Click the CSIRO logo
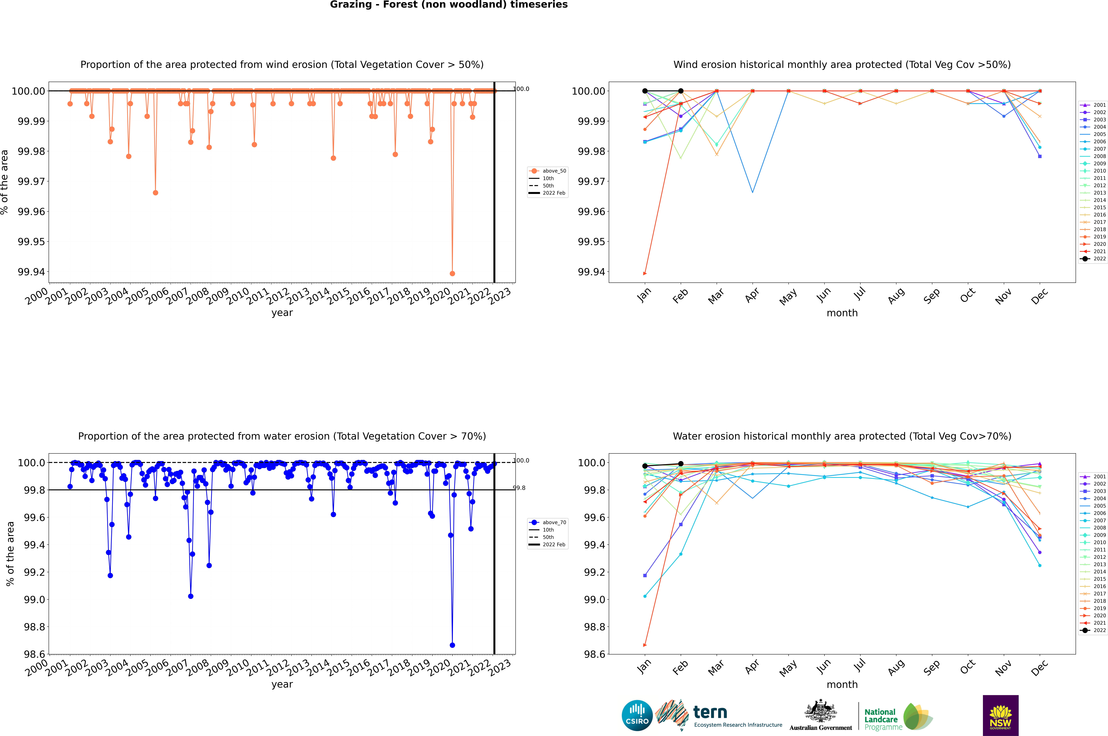(637, 715)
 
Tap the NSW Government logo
(1000, 715)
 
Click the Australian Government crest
(821, 713)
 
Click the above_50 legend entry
(548, 171)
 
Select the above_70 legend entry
(548, 522)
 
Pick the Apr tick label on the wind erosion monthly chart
(752, 296)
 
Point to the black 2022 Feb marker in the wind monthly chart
(681, 91)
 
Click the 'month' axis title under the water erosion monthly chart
(842, 684)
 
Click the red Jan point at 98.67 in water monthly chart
(645, 645)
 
